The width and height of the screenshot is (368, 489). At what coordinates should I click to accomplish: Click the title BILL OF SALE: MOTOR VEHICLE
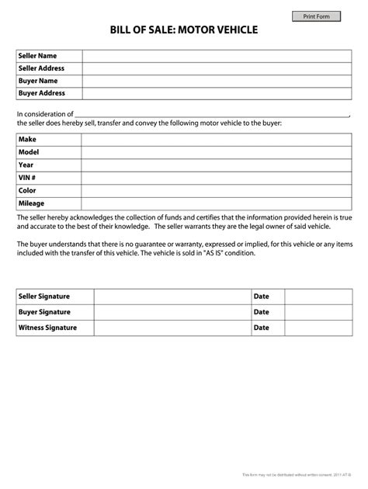184,30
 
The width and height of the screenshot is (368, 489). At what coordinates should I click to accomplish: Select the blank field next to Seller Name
216,56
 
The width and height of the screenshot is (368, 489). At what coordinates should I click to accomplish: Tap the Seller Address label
41,68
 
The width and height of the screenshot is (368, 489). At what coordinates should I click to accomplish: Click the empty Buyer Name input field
216,81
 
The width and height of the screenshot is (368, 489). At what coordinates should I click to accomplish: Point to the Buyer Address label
40,93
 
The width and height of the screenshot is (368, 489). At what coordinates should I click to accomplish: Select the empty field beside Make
216,140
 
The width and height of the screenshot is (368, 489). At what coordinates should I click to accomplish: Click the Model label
29,152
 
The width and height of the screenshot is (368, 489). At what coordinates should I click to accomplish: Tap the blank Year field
216,165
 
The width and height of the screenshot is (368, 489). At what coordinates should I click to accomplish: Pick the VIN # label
28,178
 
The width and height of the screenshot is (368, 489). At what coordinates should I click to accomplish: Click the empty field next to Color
216,190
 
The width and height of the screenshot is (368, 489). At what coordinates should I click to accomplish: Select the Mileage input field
216,203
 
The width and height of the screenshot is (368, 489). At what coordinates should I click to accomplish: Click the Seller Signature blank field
172,297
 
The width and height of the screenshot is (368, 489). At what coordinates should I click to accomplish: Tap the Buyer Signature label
44,312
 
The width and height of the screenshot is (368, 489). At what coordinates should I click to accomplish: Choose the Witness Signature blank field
172,328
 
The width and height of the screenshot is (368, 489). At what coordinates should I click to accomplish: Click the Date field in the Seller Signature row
317,297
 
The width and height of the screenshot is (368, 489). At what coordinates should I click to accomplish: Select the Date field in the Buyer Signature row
317,312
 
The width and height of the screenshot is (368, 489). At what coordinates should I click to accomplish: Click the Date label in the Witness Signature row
262,328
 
